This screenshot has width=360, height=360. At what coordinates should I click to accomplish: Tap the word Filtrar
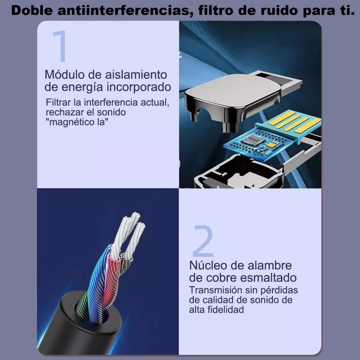click(x=59, y=102)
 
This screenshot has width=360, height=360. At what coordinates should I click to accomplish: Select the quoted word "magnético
click(x=71, y=122)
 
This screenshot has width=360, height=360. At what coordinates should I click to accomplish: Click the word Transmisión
click(x=215, y=290)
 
